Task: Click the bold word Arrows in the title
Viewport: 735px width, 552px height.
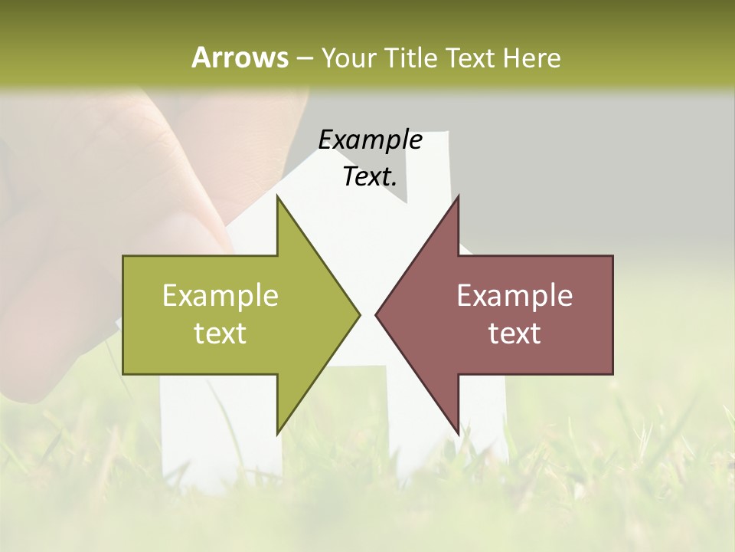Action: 239,58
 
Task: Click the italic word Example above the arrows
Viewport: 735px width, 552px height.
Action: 370,140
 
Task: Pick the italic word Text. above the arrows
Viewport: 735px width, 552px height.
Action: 370,176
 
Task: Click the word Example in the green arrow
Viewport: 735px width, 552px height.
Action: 220,296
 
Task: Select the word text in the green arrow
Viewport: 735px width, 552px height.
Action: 220,333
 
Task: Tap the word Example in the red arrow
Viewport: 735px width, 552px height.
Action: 514,296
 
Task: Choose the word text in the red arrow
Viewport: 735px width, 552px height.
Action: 514,333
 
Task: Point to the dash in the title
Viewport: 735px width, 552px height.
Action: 304,58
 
